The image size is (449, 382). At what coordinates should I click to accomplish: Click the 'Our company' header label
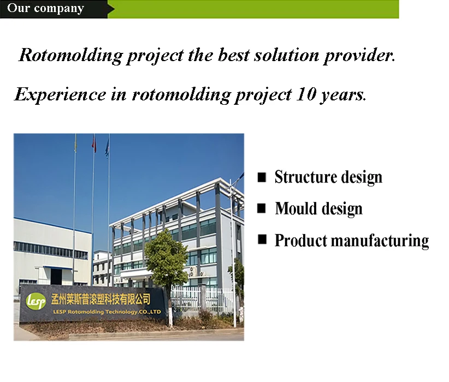pyautogui.click(x=45, y=8)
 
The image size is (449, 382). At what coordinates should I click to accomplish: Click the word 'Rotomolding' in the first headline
pyautogui.click(x=70, y=56)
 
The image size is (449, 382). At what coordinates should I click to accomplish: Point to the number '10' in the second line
pyautogui.click(x=305, y=94)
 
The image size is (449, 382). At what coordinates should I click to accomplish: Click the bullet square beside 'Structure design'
pyautogui.click(x=262, y=177)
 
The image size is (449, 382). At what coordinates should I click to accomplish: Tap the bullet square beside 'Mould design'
pyautogui.click(x=262, y=208)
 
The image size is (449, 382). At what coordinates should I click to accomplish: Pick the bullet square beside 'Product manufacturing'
pyautogui.click(x=262, y=239)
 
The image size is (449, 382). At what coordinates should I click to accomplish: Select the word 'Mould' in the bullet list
pyautogui.click(x=295, y=208)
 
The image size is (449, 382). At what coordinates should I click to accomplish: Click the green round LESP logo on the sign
pyautogui.click(x=36, y=301)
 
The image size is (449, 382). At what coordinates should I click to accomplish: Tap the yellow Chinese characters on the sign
pyautogui.click(x=101, y=299)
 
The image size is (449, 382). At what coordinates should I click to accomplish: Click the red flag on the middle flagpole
pyautogui.click(x=94, y=144)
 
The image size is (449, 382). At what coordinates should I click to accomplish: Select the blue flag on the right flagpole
pyautogui.click(x=107, y=147)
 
